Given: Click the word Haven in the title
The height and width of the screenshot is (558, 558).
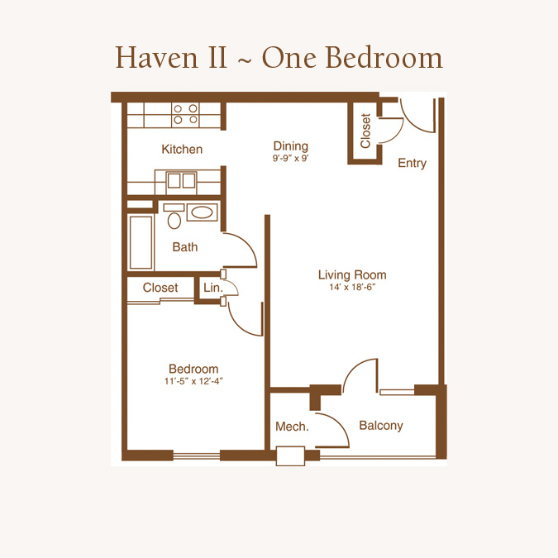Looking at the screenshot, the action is coord(156,57).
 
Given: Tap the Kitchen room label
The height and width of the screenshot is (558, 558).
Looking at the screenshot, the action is coord(182,149).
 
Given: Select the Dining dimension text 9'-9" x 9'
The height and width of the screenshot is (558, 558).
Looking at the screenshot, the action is coord(290,158).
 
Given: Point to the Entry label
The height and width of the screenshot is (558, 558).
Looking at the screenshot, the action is coord(413,164).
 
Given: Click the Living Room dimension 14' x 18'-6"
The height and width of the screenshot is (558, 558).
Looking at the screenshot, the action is coord(352,287).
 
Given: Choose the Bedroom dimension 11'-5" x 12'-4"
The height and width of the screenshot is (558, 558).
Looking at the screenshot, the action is coord(193,381).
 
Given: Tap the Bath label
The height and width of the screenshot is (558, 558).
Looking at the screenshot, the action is coord(184,247).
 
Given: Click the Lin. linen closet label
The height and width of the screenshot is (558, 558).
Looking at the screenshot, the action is coord(212,287).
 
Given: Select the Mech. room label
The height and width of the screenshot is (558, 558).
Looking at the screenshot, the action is coord(292,427).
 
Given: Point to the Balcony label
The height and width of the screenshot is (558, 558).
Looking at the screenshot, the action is coord(381,426).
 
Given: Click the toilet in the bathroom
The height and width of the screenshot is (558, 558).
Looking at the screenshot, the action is coord(174,217).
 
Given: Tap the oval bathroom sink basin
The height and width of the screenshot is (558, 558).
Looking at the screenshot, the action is coord(203,212).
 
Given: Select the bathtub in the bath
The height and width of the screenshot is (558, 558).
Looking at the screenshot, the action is coord(141,242).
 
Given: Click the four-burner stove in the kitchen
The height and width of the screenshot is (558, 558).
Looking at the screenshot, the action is coord(185,114).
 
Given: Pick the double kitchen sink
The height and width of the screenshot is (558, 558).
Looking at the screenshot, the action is coord(182,180).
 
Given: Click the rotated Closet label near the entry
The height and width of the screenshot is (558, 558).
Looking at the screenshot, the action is coord(365,131).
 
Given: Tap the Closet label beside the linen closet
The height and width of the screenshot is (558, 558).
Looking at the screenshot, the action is coord(160,288).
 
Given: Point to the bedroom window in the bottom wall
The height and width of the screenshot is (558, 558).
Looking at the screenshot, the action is coord(197,455).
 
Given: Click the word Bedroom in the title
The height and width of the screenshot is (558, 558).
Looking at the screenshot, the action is coord(384,57).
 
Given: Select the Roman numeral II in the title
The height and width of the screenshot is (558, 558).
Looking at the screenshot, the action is coord(217,58).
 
